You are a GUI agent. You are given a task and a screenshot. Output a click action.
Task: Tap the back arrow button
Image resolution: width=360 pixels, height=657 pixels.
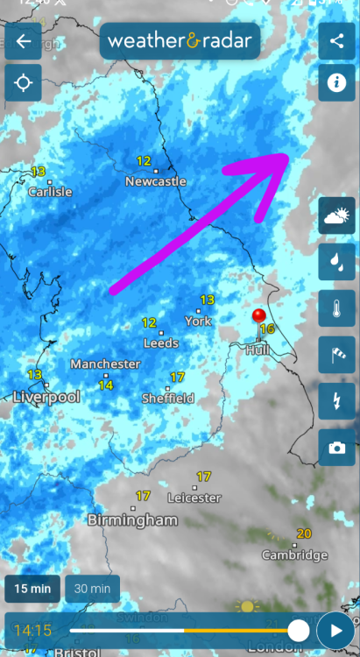(23, 41)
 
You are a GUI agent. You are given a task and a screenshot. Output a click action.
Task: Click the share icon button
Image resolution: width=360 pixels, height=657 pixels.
(336, 40)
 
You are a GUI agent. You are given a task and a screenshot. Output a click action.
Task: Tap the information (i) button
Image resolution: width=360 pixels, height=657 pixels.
(336, 83)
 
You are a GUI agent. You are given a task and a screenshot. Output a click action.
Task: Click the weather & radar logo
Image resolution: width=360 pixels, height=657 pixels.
(180, 40)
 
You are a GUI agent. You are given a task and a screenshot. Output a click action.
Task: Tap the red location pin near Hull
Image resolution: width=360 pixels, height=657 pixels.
(258, 317)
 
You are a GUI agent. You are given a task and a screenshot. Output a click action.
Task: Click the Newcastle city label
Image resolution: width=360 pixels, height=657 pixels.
(156, 181)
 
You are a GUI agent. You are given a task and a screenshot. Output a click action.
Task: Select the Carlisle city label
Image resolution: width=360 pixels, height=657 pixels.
(50, 192)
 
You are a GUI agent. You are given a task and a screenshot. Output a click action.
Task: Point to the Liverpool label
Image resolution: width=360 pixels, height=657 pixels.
(46, 397)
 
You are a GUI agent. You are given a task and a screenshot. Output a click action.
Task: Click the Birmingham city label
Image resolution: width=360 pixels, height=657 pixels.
(132, 519)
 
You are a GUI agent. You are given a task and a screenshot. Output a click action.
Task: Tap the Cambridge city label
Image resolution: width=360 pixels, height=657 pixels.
(295, 555)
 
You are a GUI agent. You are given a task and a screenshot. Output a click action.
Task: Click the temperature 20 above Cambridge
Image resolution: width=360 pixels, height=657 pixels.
(304, 533)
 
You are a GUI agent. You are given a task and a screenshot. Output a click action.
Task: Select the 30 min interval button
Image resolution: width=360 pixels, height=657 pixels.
(93, 589)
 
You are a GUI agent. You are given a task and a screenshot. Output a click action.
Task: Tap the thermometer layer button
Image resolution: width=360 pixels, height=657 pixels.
(336, 307)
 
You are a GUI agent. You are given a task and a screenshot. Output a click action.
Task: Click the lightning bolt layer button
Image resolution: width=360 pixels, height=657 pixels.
(336, 400)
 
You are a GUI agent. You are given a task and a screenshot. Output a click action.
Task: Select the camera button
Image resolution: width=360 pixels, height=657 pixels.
(336, 448)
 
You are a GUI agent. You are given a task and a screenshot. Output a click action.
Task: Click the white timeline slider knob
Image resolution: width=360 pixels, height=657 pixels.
(299, 630)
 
